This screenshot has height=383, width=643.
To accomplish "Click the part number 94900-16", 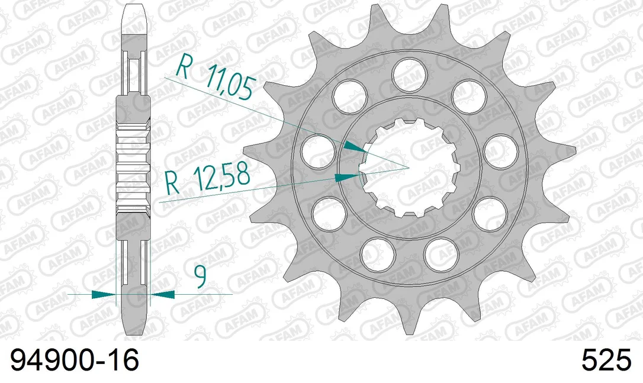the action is (74, 361).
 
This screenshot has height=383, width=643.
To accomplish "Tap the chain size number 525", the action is (606, 361).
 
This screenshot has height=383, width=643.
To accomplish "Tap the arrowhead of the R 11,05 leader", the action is (355, 147).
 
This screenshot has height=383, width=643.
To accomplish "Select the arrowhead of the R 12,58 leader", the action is (348, 177).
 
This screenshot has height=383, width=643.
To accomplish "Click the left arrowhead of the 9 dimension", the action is (104, 294).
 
